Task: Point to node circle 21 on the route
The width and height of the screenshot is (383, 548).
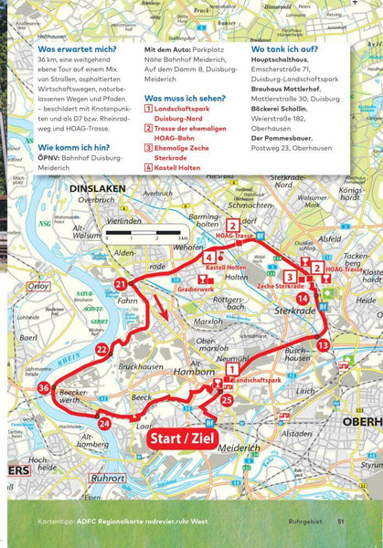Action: (122, 286)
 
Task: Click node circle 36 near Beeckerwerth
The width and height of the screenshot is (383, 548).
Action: (44, 388)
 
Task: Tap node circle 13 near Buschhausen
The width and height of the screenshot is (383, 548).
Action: (323, 344)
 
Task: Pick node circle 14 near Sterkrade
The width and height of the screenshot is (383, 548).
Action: (303, 298)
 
